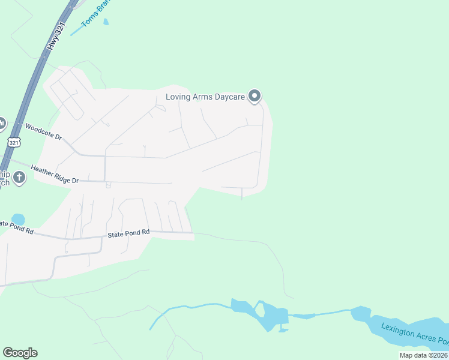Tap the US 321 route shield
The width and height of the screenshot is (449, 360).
[14, 142]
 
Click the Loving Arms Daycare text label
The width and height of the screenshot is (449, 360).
[206, 97]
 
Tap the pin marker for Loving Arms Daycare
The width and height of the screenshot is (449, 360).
[255, 95]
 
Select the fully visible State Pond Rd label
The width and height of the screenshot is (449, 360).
[128, 233]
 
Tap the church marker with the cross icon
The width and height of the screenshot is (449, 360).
[19, 178]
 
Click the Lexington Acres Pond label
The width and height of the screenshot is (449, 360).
[414, 336]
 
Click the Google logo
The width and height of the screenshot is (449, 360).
[20, 352]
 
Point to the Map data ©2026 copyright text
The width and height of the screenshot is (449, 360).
[423, 355]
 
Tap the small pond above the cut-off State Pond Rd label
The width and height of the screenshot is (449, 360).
[18, 219]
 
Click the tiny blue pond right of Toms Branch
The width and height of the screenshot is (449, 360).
[106, 22]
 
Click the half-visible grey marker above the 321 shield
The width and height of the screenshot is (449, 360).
[2, 124]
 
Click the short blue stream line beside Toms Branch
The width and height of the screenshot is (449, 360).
[77, 30]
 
